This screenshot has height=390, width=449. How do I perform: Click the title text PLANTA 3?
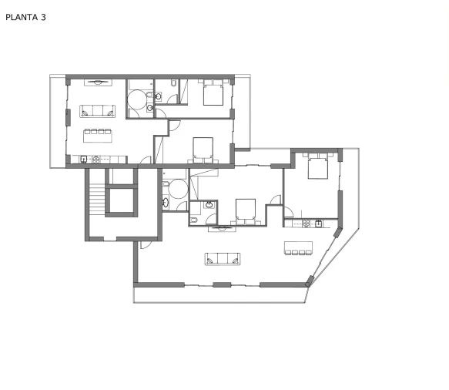tap(25, 17)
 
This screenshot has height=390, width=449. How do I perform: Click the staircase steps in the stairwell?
tap(97, 198)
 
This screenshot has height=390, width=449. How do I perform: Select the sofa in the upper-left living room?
tap(97, 111)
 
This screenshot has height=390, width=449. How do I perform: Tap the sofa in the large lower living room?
tap(223, 259)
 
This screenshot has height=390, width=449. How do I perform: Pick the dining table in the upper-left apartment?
tap(98, 136)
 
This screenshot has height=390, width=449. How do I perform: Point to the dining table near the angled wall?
tap(298, 248)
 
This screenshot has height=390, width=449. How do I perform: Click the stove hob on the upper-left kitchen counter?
tap(96, 160)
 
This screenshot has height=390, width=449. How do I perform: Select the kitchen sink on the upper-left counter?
tap(84, 159)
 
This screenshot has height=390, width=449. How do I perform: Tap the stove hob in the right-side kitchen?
tap(306, 224)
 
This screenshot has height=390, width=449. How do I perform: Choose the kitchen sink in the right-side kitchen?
tap(318, 224)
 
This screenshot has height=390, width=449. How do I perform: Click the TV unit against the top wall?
tap(98, 82)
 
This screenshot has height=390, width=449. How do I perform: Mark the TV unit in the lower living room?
tap(222, 228)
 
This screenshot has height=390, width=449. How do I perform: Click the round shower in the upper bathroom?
tap(137, 99)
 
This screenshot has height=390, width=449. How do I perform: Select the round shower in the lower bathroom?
tap(178, 189)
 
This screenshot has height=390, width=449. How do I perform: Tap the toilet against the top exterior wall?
tap(173, 82)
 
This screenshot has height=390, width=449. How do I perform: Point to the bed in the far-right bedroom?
tap(318, 166)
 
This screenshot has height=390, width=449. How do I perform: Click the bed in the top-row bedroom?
tap(213, 92)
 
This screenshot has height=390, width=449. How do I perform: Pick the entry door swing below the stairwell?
tap(146, 244)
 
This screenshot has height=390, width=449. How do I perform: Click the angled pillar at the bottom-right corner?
tap(310, 281)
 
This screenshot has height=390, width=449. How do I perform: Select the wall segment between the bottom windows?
tap(222, 284)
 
